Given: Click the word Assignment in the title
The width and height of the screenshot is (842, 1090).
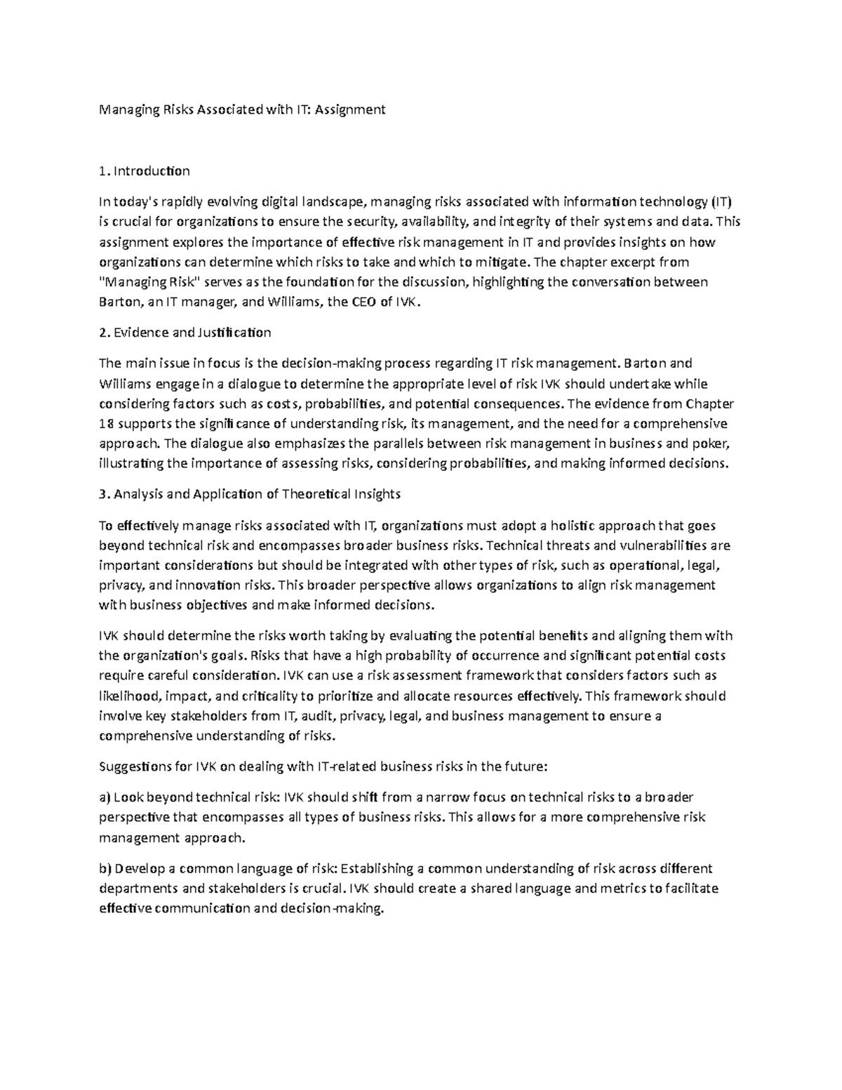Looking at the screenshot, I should (350, 109).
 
